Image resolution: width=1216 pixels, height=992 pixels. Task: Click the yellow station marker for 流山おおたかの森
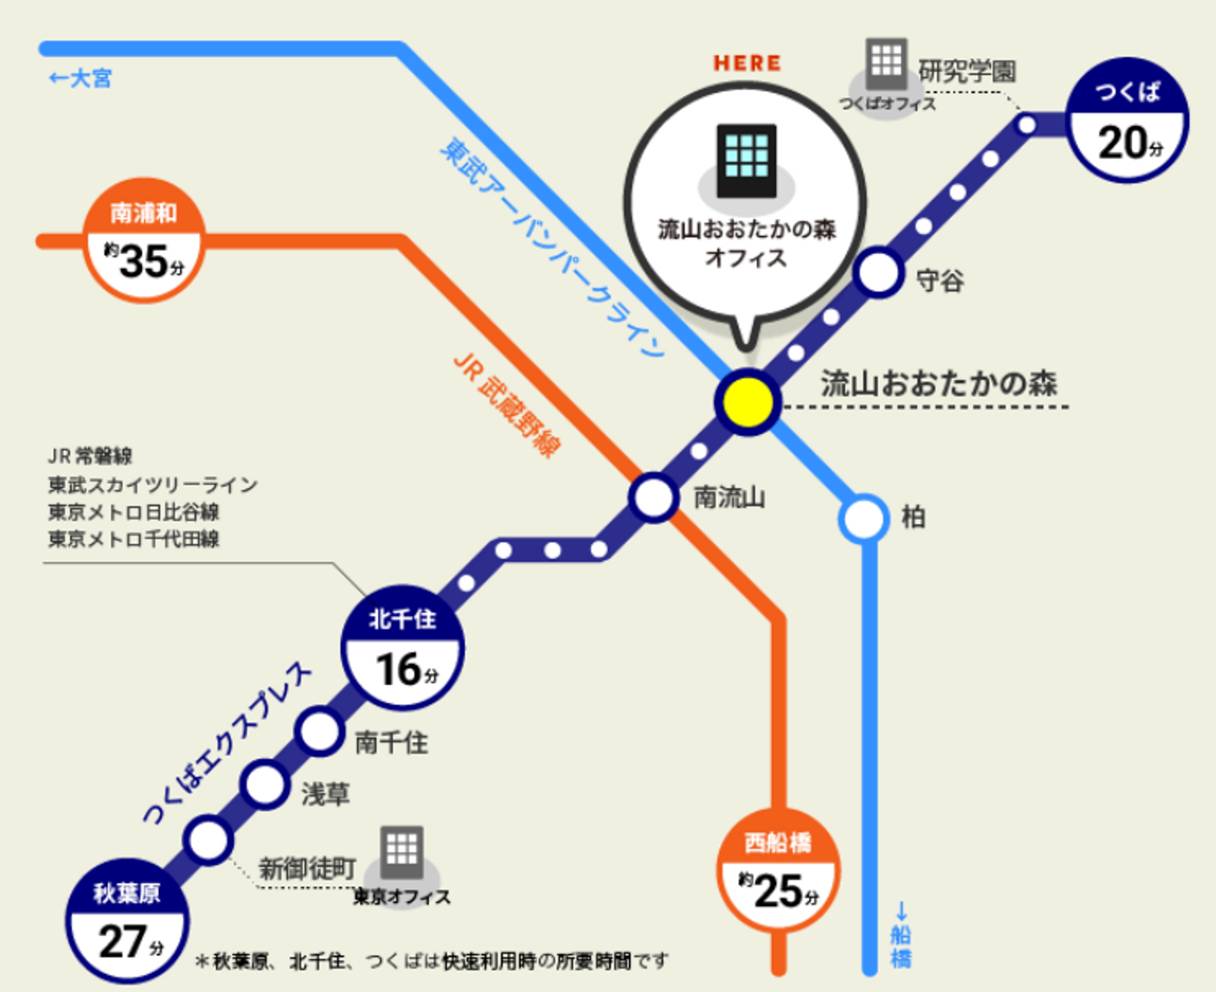747,402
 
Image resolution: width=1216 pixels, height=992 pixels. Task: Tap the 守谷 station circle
879,272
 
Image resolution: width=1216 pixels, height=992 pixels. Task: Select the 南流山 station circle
654,498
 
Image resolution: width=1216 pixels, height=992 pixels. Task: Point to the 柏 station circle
864,518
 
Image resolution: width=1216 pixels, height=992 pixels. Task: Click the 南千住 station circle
320,732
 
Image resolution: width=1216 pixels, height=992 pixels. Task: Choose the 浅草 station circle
265,785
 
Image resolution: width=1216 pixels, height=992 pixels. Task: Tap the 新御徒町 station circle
209,840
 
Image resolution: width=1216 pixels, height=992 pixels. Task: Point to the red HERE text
747,63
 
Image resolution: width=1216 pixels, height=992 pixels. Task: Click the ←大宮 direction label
81,79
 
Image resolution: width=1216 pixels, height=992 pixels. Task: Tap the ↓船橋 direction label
901,936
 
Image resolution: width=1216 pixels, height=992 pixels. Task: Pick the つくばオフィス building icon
887,63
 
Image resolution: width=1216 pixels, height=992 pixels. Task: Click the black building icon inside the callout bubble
746,161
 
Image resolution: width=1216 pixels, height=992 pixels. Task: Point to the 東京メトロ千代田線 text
133,539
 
